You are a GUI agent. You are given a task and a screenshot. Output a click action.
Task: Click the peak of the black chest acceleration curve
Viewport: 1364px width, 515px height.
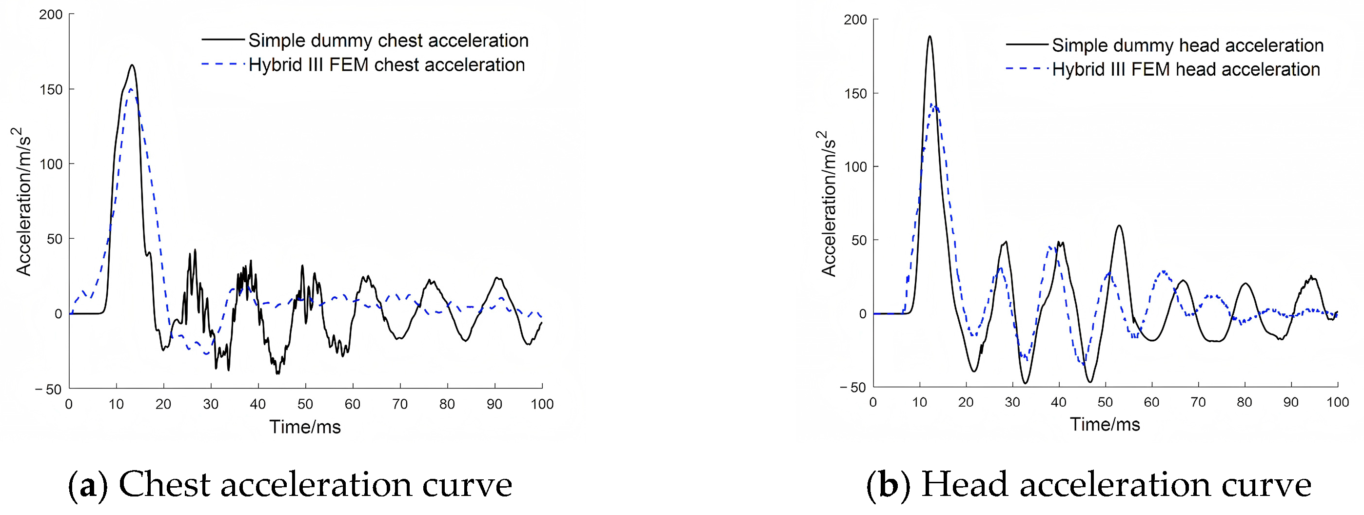pos(132,66)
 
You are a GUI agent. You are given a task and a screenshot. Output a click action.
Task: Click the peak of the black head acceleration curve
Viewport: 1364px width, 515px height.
pos(929,37)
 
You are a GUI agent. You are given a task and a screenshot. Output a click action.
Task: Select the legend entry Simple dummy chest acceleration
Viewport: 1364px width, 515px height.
pos(388,40)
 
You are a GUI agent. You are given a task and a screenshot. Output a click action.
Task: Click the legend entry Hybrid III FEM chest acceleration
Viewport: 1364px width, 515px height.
pos(386,64)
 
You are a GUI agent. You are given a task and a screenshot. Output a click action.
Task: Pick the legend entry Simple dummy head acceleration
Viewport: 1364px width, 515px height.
pos(1187,45)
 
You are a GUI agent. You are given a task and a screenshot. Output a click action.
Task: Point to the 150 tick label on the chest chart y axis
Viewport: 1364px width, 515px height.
pos(51,89)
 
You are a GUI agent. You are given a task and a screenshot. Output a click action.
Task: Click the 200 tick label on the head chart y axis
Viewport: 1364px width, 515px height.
pos(855,20)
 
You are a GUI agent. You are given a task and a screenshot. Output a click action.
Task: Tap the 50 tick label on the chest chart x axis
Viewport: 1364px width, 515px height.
pos(305,404)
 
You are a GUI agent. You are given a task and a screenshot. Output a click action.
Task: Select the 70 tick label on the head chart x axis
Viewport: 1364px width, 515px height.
pos(1198,402)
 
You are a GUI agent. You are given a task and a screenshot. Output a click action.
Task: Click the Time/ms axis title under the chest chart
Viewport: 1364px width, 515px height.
pos(305,427)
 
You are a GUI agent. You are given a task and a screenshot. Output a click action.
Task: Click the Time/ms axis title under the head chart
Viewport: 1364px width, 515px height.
pos(1105,424)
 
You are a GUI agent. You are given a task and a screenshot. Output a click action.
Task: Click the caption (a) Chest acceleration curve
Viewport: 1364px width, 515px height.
pos(290,484)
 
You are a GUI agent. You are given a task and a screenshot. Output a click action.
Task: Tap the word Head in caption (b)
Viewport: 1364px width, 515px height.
pos(964,484)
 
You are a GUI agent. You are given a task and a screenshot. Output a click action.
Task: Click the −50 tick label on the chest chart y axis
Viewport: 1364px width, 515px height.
pos(49,390)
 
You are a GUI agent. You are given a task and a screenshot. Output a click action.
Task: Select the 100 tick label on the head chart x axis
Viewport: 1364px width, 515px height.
pos(1337,402)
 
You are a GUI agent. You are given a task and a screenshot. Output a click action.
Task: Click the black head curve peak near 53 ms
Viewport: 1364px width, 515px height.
pos(1119,226)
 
